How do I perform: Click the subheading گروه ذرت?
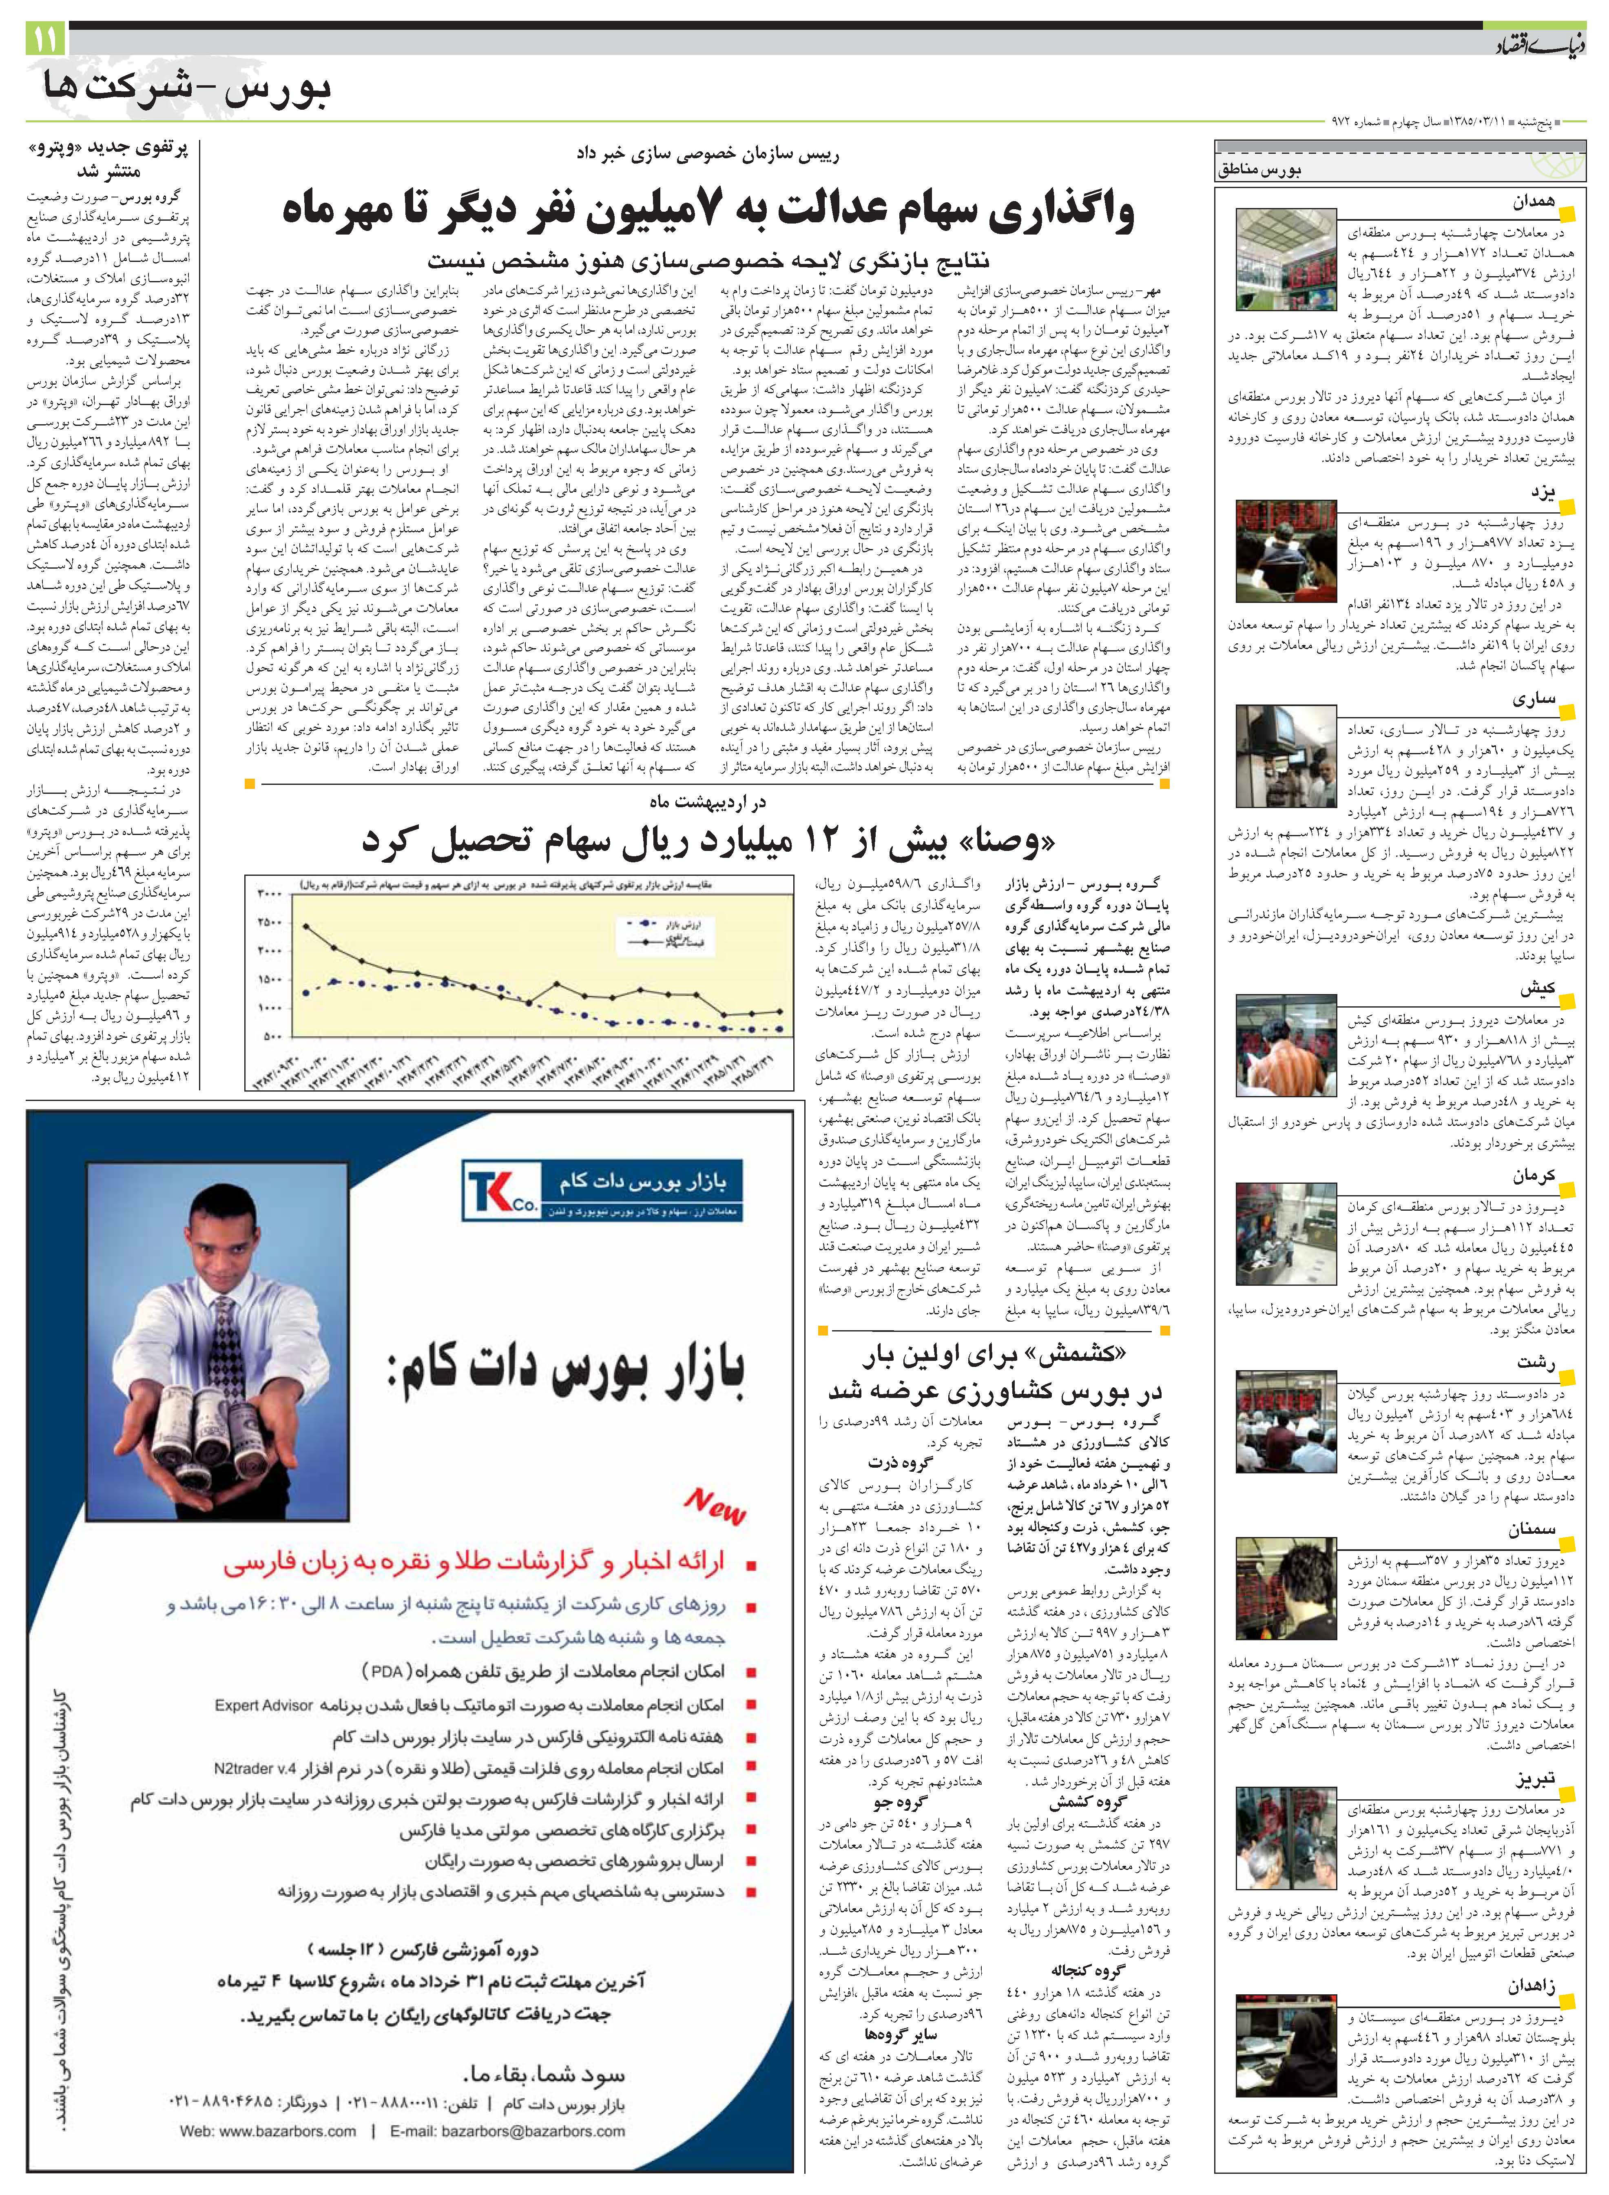click(x=901, y=1463)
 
